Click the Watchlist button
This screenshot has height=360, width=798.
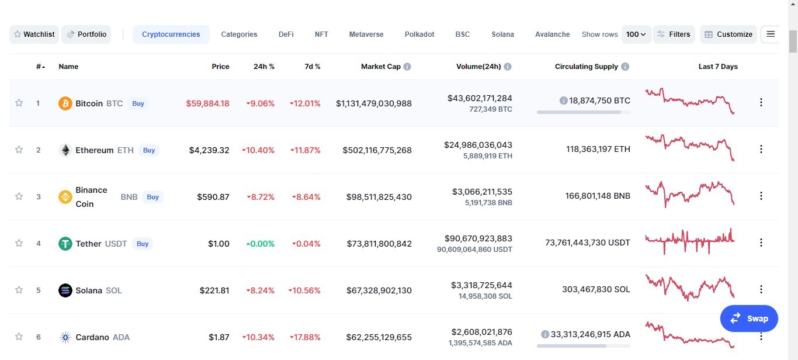point(34,34)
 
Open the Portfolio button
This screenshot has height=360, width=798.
point(86,34)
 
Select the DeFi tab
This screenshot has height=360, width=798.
point(286,34)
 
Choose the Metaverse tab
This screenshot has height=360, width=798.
point(366,34)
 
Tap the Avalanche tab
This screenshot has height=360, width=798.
point(552,34)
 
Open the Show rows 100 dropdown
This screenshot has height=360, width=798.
point(636,34)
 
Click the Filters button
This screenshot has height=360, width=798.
point(674,34)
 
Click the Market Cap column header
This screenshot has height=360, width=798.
point(381,67)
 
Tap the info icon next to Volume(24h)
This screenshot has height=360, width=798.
point(508,67)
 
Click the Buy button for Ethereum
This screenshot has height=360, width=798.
point(149,150)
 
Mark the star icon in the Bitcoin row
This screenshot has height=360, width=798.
point(19,103)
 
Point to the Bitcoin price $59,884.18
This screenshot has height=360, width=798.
point(208,103)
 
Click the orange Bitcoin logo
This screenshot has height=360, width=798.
point(65,103)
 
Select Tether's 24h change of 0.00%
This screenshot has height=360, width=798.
point(261,244)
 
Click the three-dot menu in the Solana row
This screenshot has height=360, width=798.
point(761,289)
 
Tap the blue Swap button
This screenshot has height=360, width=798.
point(749,319)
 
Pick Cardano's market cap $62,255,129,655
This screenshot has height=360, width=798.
point(379,337)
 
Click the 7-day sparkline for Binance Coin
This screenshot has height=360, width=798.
point(690,195)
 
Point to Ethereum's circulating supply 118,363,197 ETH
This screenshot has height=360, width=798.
point(598,149)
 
